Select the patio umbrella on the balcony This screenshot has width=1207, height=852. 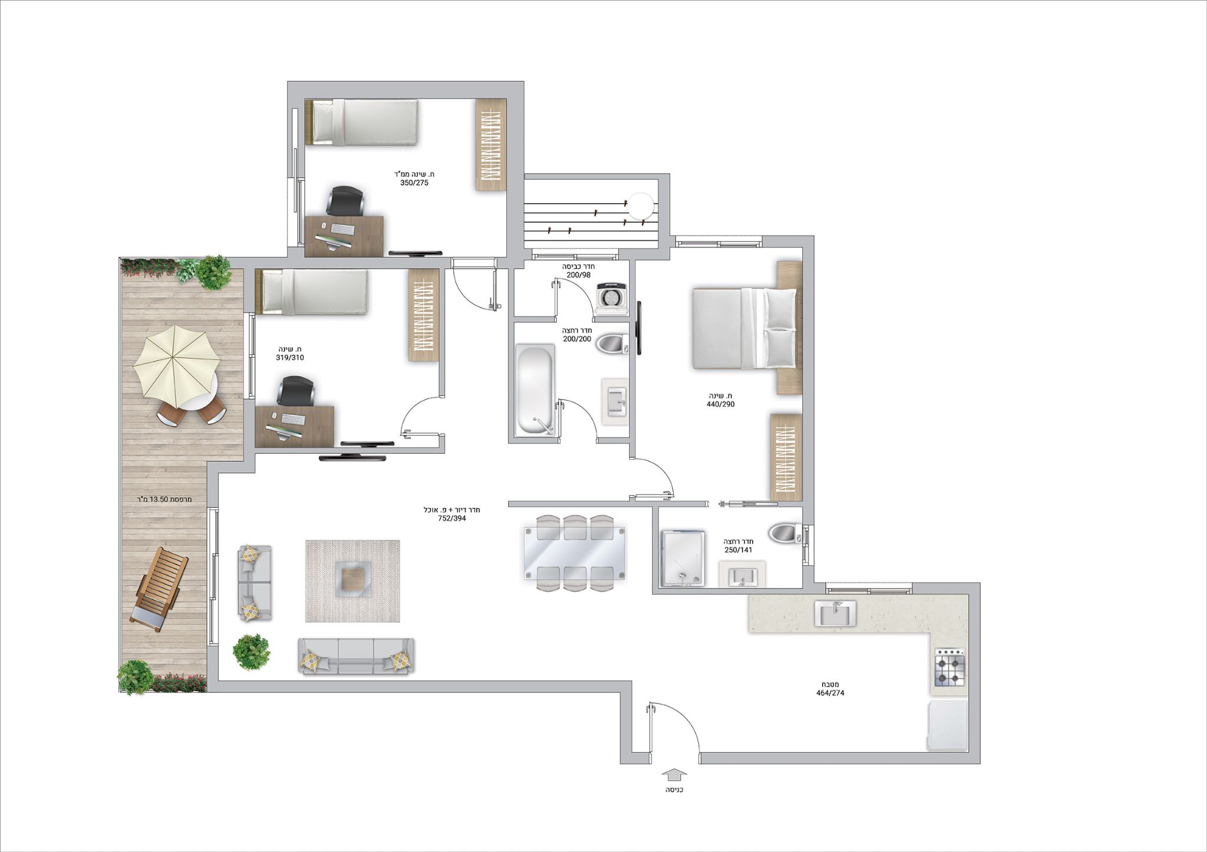click(x=176, y=362)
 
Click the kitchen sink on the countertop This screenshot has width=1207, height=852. click(x=835, y=613)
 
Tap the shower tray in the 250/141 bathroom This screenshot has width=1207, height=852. click(x=683, y=559)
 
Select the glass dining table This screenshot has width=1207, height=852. click(x=575, y=553)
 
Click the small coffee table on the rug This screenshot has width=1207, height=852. click(x=352, y=580)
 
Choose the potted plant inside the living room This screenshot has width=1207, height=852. click(x=252, y=651)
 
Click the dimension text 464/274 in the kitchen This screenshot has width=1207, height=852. click(x=830, y=693)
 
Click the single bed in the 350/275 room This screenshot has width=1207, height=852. click(x=362, y=122)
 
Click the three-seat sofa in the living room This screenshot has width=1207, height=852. click(x=357, y=656)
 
